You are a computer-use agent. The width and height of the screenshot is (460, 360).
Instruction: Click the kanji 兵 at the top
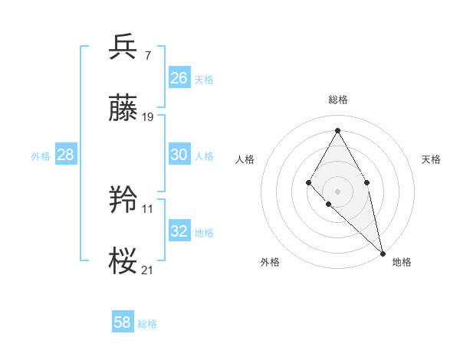click(123, 47)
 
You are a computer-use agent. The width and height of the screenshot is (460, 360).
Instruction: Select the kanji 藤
click(123, 108)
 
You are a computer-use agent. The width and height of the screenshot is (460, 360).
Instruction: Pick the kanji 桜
click(123, 260)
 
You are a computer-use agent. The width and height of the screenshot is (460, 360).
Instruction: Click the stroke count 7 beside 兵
click(147, 55)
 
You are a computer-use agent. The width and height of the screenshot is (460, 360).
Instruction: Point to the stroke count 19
click(148, 116)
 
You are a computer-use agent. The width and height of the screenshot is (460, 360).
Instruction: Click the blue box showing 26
click(179, 77)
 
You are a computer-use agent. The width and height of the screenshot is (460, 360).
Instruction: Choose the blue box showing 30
click(179, 154)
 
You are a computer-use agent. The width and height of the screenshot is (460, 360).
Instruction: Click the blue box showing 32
click(179, 231)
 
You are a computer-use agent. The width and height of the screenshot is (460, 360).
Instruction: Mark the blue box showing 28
click(65, 155)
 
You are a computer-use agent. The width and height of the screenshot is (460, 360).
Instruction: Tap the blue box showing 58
click(122, 322)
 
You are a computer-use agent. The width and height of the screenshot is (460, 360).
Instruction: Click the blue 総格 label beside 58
click(147, 324)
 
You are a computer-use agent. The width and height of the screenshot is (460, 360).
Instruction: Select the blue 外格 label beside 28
click(41, 156)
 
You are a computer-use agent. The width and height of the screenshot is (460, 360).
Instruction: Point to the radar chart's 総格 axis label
click(337, 100)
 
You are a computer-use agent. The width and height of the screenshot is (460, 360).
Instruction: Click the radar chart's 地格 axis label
click(402, 262)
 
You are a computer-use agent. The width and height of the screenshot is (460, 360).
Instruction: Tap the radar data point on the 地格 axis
click(383, 253)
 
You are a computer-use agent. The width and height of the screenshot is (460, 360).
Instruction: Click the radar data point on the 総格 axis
click(337, 130)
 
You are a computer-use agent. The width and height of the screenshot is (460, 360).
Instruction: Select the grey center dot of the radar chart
click(337, 191)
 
